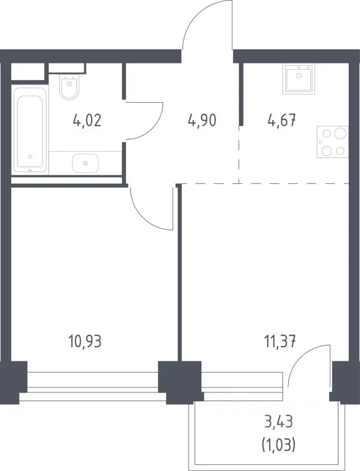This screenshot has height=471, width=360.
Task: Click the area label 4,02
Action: (x=87, y=121)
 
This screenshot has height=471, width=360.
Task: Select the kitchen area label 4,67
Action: (x=282, y=121)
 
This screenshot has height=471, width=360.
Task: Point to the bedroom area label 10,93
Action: (x=85, y=341)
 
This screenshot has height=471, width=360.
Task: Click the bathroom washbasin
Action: (x=85, y=163)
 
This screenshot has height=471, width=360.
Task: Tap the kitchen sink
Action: (x=299, y=79)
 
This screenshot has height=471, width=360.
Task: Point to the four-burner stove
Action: (x=333, y=142)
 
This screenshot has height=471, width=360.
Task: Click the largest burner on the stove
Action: (x=340, y=133)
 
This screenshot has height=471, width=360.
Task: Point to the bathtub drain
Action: (x=30, y=157)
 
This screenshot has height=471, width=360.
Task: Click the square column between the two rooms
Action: (x=180, y=382)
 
